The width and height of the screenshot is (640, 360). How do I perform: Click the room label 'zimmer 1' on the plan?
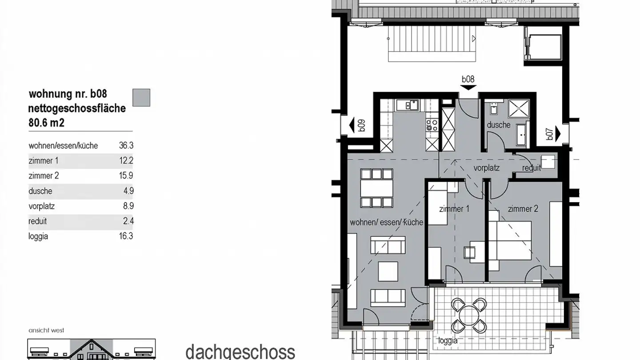tap(454, 209)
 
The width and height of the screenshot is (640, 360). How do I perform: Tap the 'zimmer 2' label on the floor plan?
tap(523, 209)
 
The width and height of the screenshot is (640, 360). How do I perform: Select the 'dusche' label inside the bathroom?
tap(498, 125)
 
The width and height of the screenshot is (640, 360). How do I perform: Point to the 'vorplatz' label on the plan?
tap(486, 168)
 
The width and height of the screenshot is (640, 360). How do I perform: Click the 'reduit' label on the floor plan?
tap(532, 168)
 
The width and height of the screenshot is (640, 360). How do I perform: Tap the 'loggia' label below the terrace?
tap(448, 341)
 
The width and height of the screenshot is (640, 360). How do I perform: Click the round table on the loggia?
tap(468, 316)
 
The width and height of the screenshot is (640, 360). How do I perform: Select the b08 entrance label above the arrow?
tap(468, 80)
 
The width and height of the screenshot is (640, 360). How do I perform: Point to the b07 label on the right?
tap(550, 134)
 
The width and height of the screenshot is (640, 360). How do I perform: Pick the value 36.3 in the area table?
tap(126, 145)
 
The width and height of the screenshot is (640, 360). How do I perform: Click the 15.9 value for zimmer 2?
tap(126, 176)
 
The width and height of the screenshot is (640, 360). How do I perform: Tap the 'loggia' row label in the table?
tap(38, 236)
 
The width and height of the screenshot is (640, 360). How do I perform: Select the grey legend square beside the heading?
tap(141, 97)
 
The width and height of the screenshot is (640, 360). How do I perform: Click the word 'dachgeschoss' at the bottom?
tap(240, 351)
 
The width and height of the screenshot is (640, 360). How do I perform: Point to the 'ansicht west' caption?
tap(46, 330)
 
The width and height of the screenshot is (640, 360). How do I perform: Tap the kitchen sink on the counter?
tap(411, 105)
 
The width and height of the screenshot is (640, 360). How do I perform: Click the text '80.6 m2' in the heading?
tap(47, 122)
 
